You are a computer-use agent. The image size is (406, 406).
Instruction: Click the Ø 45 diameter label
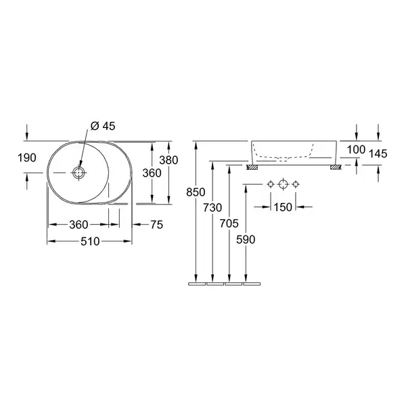click(103, 126)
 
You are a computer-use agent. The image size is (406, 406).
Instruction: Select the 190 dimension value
click(27, 158)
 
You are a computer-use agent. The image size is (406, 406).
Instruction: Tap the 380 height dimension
click(168, 160)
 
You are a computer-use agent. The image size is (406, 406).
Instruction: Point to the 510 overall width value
click(90, 242)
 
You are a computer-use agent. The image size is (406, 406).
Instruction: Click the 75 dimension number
click(157, 225)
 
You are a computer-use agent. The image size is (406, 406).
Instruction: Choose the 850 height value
click(196, 192)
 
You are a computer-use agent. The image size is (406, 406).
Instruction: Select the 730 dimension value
click(212, 208)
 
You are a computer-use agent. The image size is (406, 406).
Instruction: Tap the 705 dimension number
click(229, 223)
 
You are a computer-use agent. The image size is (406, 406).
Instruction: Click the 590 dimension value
click(246, 240)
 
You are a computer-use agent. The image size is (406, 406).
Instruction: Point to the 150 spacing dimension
click(283, 207)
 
